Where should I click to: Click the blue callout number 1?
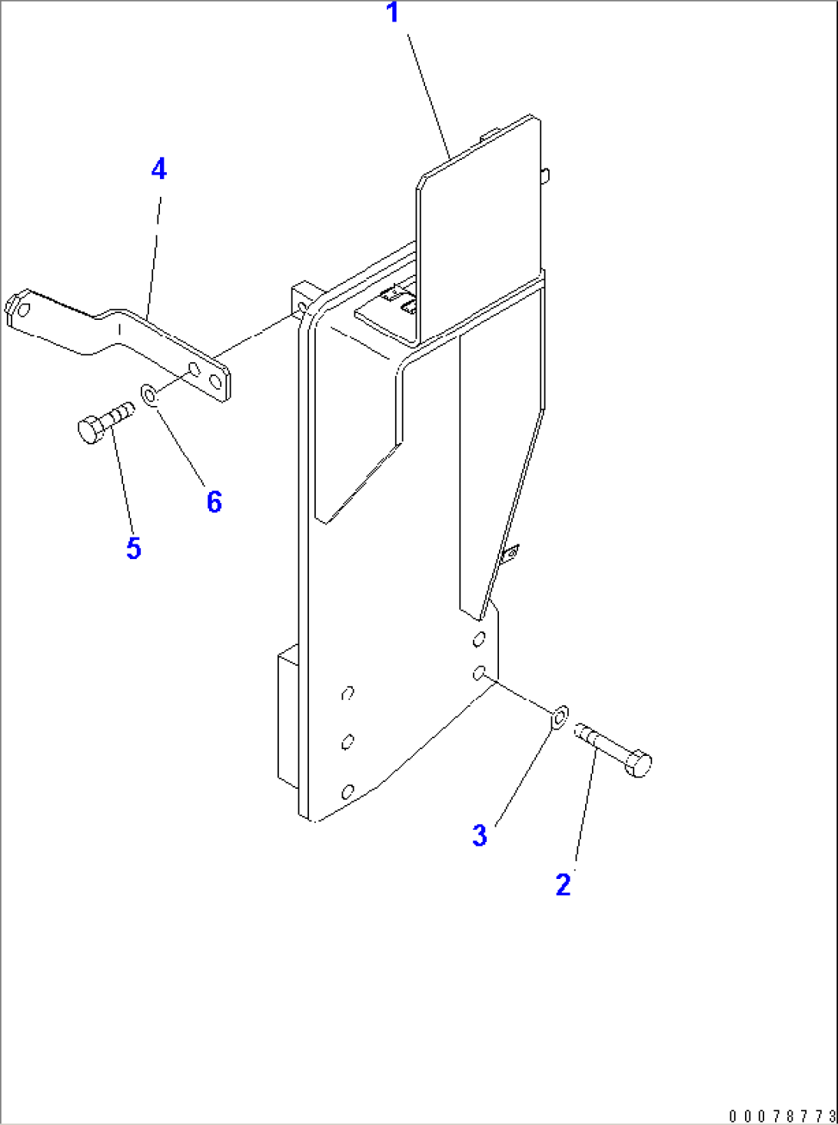click(x=393, y=13)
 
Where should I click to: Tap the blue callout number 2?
click(x=564, y=884)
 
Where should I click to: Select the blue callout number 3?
click(x=480, y=835)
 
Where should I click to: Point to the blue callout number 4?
click(x=158, y=169)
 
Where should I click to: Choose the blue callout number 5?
click(x=134, y=548)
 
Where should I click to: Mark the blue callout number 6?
click(x=214, y=502)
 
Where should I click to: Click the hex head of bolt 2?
click(x=638, y=764)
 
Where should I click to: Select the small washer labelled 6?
click(x=149, y=395)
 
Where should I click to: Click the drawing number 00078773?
click(x=781, y=1116)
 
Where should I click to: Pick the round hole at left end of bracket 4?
click(x=24, y=310)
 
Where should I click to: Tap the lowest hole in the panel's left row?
click(x=348, y=791)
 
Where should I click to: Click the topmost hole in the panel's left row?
click(x=347, y=693)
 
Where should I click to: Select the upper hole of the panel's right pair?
click(x=479, y=638)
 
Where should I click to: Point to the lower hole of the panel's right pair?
click(x=478, y=674)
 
